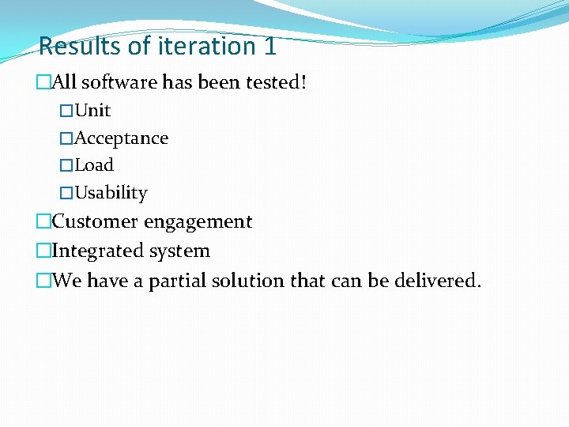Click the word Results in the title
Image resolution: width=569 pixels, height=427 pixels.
(80, 46)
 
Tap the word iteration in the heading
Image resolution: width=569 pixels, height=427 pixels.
(193, 46)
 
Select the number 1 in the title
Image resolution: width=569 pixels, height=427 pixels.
(269, 46)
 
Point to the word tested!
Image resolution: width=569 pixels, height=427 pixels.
(277, 82)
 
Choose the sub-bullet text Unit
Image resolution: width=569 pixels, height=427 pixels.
(92, 111)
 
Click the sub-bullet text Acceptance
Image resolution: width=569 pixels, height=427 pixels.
(121, 138)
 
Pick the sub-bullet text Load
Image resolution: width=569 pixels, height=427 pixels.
(94, 165)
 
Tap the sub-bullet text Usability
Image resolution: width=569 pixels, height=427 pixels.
(111, 193)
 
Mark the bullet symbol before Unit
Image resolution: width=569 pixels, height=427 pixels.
(66, 111)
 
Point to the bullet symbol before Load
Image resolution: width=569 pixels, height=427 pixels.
(66, 165)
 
